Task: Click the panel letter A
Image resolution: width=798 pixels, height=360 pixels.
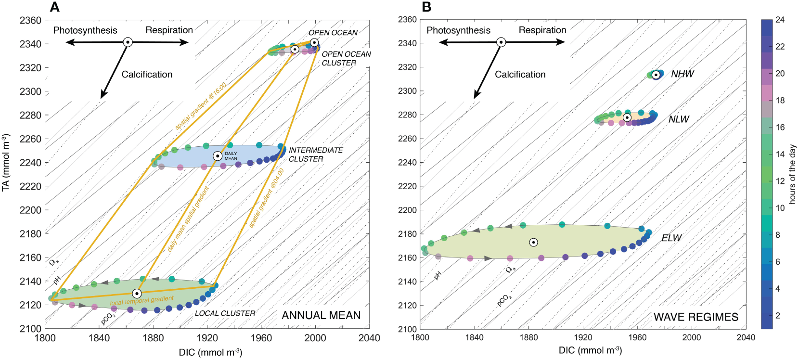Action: coord(55,7)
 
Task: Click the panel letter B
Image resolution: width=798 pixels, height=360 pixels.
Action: coord(426,7)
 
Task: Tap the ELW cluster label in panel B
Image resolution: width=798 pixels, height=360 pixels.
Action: coord(671,238)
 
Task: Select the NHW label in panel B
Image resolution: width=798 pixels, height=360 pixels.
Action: coord(682,74)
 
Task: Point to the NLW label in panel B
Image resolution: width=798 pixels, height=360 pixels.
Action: coord(679,119)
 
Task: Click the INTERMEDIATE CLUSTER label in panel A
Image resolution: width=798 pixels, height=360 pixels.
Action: coord(315,154)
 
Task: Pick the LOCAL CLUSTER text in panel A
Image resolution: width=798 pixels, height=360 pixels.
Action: coord(225,313)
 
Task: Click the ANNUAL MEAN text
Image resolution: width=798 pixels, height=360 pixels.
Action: coord(321,315)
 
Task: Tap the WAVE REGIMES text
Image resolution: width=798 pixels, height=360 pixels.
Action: coord(695,317)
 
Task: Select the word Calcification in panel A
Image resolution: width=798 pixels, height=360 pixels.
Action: coord(147,75)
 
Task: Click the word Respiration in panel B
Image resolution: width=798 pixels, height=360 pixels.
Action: coord(542,30)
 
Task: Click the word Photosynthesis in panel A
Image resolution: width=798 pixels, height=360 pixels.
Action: coord(85,30)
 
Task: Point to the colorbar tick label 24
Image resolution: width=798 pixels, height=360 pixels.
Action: coord(780,20)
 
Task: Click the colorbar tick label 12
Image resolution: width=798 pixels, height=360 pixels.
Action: coord(780,181)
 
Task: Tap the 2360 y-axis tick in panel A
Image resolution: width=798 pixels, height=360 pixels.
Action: coord(30,20)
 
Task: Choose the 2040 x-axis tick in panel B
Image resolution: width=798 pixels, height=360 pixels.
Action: coord(746,337)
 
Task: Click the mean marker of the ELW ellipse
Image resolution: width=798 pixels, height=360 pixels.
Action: coord(533,242)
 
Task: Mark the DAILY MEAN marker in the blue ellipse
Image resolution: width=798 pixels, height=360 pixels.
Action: coord(218,156)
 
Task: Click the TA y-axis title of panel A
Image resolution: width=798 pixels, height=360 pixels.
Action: coord(6,163)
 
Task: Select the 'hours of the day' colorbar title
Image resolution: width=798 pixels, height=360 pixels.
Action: coord(792,174)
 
